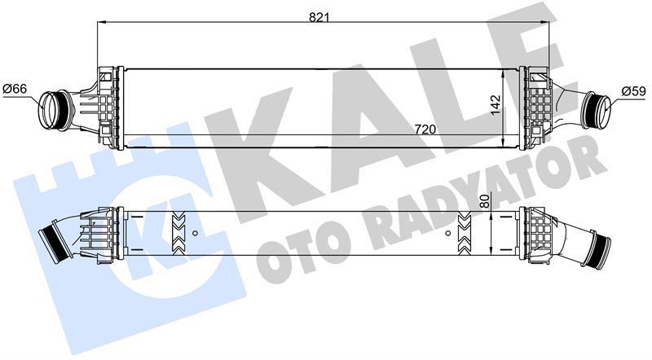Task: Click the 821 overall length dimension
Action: click(319, 17)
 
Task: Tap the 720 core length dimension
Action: click(425, 130)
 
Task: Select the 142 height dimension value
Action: click(496, 105)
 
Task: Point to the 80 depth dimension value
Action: click(483, 201)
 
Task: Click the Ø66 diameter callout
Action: click(15, 89)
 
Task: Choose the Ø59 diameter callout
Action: click(634, 91)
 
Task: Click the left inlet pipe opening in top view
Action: click(51, 109)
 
